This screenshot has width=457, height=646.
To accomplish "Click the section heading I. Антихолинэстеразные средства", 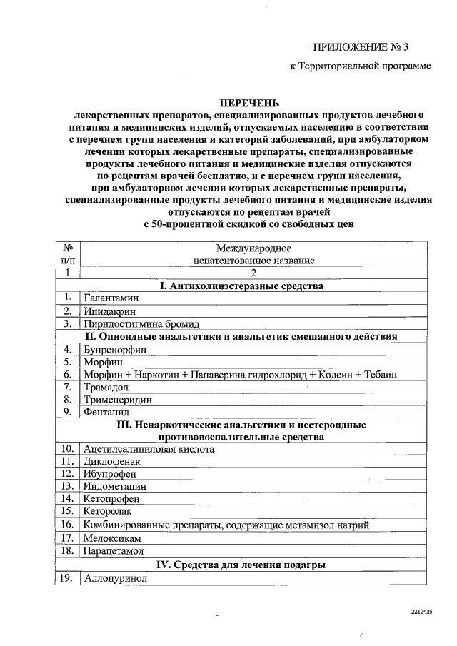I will (x=241, y=286).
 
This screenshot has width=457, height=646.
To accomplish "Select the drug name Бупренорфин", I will (x=114, y=349).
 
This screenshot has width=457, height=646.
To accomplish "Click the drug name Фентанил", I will (x=105, y=412).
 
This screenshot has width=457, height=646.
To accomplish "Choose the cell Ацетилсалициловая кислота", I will (x=149, y=449).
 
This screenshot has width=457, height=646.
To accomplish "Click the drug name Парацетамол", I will (x=114, y=552).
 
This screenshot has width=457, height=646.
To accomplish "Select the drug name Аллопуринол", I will (x=114, y=578).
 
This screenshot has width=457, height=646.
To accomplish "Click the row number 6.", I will (x=66, y=374).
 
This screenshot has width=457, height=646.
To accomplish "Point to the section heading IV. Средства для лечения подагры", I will (x=241, y=565).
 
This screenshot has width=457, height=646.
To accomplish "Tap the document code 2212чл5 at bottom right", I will (x=422, y=612).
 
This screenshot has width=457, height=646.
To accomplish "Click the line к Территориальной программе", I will (x=360, y=66).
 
